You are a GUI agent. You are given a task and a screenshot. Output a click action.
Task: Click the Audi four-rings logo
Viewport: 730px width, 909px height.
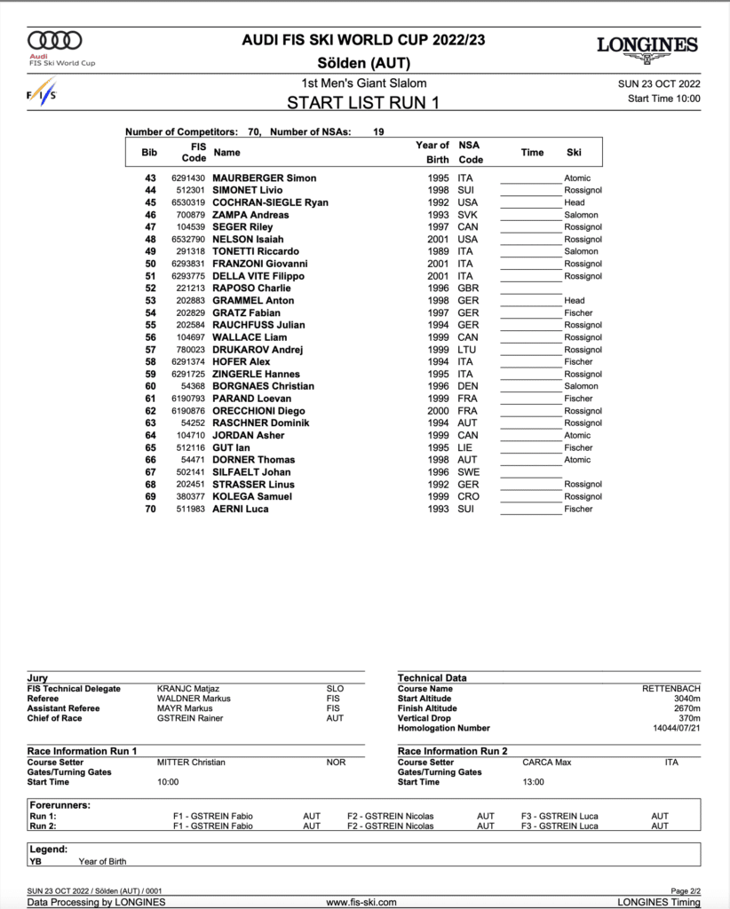click(55, 40)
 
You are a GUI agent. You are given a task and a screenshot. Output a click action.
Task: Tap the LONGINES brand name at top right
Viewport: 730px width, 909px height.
click(647, 44)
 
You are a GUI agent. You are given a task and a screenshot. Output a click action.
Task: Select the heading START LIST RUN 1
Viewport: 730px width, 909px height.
click(363, 102)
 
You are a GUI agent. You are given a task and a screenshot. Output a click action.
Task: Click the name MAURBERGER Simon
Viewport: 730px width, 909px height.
click(265, 178)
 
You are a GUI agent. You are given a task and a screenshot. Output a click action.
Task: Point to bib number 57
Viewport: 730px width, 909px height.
click(150, 350)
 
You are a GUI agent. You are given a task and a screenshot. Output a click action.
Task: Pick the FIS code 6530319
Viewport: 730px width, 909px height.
click(188, 202)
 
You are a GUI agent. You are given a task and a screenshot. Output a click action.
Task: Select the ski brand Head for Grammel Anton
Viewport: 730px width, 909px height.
click(575, 301)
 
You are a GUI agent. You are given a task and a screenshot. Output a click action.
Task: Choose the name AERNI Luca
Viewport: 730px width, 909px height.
click(240, 509)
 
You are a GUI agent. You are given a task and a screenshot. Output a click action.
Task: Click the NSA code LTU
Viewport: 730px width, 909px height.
click(467, 350)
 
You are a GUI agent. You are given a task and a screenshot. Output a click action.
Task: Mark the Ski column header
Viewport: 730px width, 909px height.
click(574, 152)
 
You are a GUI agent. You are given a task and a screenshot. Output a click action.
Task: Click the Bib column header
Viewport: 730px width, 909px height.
click(149, 152)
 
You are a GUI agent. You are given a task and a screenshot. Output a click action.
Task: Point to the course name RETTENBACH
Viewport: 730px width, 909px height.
click(671, 689)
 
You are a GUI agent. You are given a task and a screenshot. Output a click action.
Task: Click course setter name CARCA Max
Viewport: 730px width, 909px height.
click(547, 763)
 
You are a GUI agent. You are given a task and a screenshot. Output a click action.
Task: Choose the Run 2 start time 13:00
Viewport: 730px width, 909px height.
click(534, 782)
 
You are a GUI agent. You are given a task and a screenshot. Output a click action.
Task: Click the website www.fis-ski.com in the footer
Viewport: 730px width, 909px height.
click(361, 903)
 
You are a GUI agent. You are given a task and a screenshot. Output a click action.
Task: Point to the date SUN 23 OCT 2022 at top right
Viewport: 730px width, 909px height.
click(659, 83)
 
